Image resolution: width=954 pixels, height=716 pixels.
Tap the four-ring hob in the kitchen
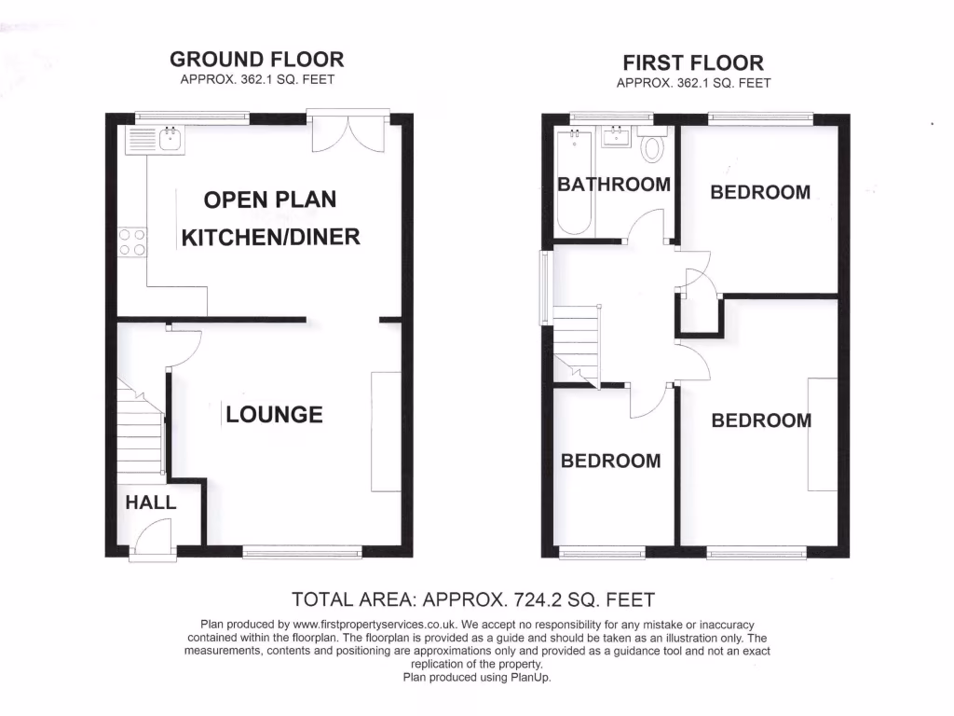pyautogui.click(x=131, y=242)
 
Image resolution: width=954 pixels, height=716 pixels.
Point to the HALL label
pyautogui.click(x=151, y=502)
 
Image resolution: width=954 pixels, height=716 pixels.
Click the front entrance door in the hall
pyautogui.click(x=152, y=541)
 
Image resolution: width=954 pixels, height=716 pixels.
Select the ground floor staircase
pyautogui.click(x=140, y=429)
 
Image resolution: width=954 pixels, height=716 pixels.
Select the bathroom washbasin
pyautogui.click(x=618, y=139)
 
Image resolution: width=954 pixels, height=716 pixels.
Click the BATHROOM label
pyautogui.click(x=613, y=184)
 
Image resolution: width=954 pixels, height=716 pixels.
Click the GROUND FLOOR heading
pyautogui.click(x=256, y=59)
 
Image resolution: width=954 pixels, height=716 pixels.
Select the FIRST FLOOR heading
pyautogui.click(x=693, y=62)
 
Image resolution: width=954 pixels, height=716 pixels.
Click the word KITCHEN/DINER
pyautogui.click(x=270, y=237)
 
